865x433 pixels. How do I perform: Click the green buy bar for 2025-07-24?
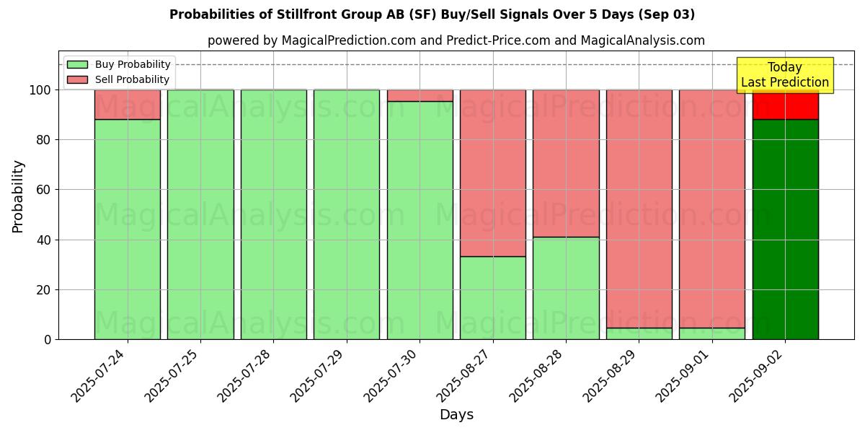pyautogui.click(x=128, y=229)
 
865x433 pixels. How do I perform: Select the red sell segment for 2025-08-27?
pyautogui.click(x=493, y=173)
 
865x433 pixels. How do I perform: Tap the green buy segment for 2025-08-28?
pyautogui.click(x=566, y=288)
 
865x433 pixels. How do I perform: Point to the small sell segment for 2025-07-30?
pyautogui.click(x=420, y=95)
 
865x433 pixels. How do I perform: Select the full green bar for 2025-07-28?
pyautogui.click(x=274, y=214)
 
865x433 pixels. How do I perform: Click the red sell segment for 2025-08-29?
pyautogui.click(x=639, y=209)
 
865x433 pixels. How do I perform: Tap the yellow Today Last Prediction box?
pyautogui.click(x=784, y=75)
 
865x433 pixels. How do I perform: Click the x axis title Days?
pyautogui.click(x=456, y=415)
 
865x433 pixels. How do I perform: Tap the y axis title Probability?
pyautogui.click(x=18, y=196)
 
